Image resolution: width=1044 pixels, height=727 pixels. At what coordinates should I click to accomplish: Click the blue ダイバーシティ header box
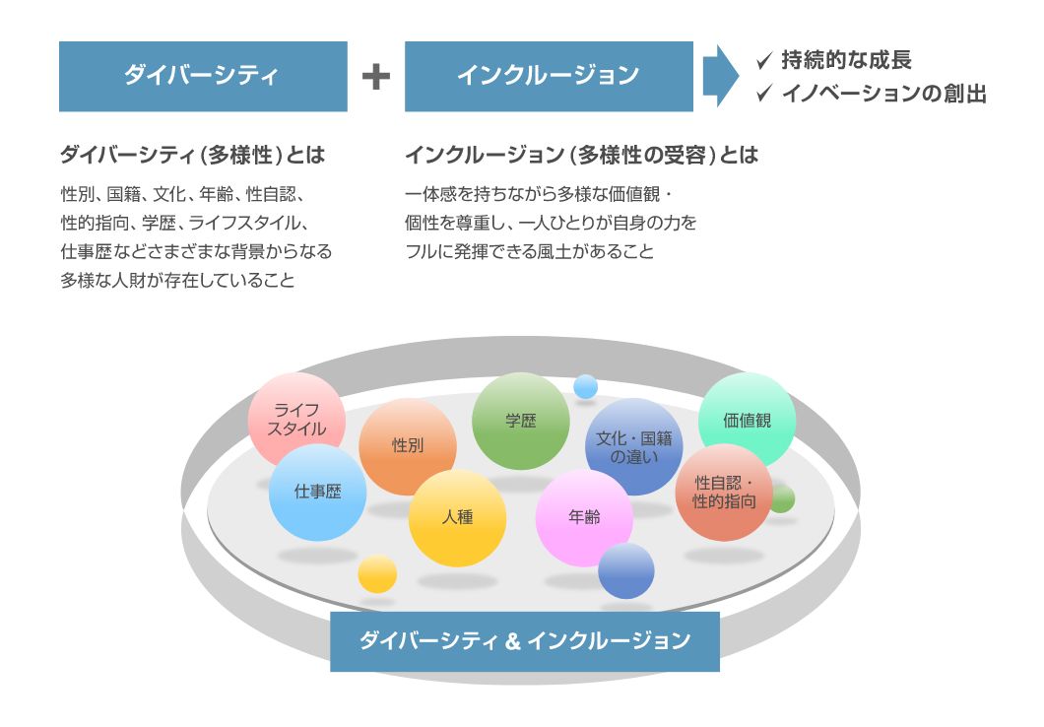pyautogui.click(x=203, y=77)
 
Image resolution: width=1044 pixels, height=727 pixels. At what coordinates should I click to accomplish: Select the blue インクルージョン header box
pyautogui.click(x=549, y=77)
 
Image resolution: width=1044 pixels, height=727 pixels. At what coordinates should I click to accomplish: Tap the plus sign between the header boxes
pyautogui.click(x=376, y=77)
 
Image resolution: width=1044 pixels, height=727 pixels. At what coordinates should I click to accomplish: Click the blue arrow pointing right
pyautogui.click(x=720, y=76)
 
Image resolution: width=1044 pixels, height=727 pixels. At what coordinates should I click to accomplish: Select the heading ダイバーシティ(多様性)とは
pyautogui.click(x=192, y=155)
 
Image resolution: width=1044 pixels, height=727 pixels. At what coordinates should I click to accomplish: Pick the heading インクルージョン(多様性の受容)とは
pyautogui.click(x=582, y=155)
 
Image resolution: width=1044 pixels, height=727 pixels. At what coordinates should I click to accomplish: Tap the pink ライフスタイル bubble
pyautogui.click(x=297, y=421)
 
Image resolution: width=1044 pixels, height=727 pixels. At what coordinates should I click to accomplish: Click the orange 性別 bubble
pyautogui.click(x=408, y=446)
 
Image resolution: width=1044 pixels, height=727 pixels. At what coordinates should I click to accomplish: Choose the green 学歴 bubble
pyautogui.click(x=521, y=421)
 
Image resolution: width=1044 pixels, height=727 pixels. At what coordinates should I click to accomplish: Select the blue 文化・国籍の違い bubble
pyautogui.click(x=634, y=446)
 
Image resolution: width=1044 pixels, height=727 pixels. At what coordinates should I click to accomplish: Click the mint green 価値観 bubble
pyautogui.click(x=747, y=421)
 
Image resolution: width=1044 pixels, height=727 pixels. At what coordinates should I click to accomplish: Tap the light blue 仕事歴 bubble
pyautogui.click(x=317, y=492)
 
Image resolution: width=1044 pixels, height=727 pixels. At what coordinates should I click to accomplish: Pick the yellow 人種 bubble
pyautogui.click(x=457, y=518)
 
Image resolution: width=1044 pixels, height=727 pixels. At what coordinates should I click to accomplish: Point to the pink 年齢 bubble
pyautogui.click(x=584, y=518)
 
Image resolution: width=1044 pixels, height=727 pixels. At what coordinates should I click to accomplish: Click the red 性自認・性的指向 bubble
pyautogui.click(x=724, y=492)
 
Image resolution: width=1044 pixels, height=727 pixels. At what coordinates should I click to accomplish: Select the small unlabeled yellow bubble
pyautogui.click(x=377, y=574)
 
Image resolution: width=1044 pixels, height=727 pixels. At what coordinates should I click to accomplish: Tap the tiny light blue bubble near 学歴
pyautogui.click(x=585, y=386)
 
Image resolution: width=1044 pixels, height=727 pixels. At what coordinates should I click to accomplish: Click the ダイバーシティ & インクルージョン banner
pyautogui.click(x=525, y=641)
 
